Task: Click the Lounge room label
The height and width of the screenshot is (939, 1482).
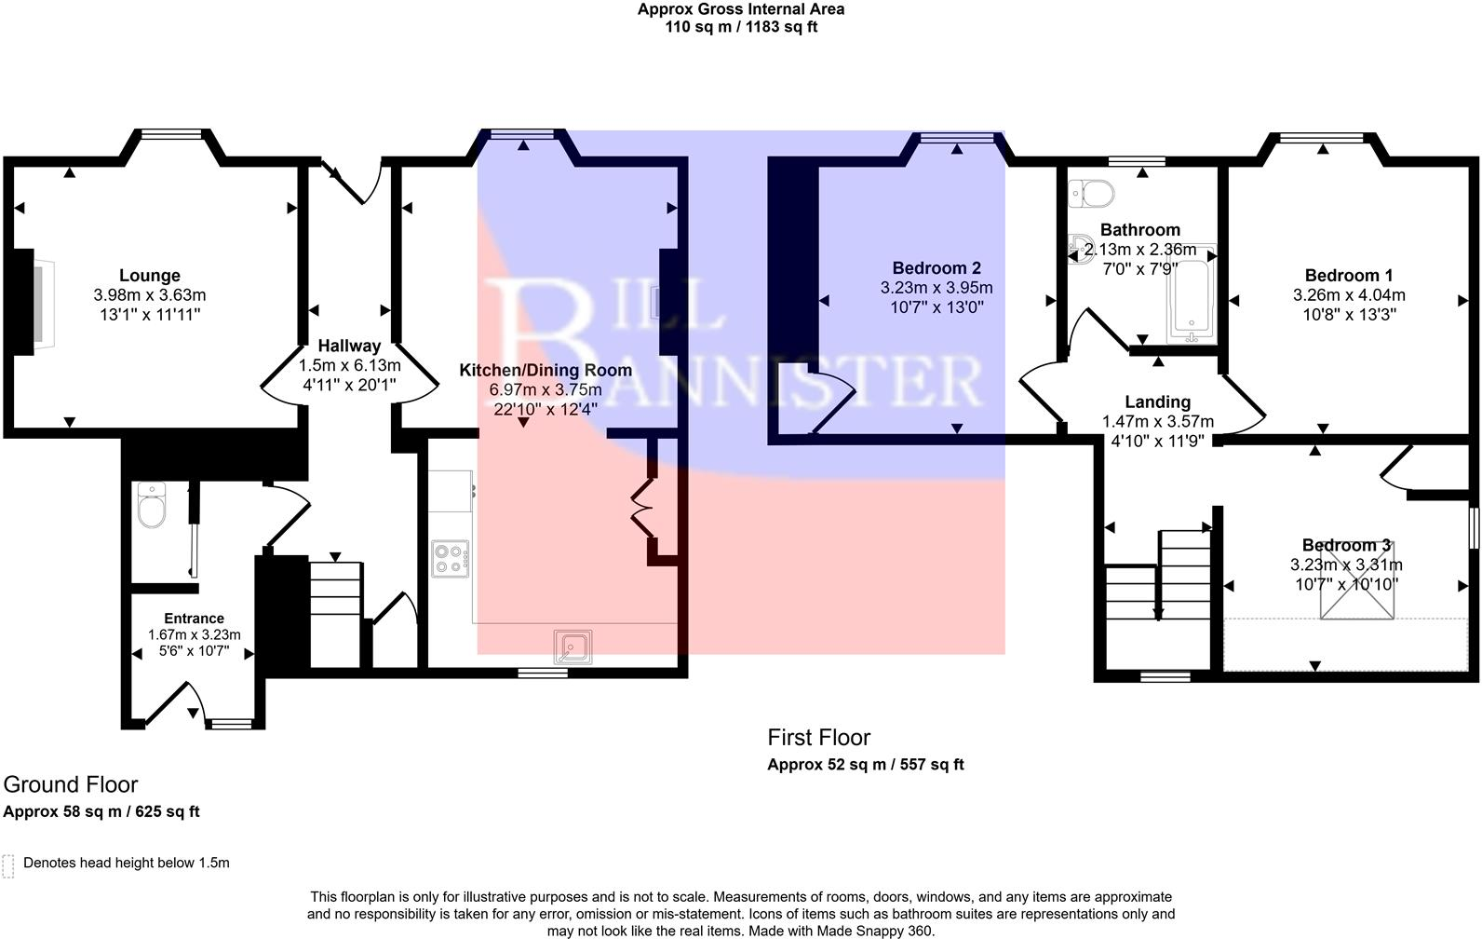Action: click(x=149, y=276)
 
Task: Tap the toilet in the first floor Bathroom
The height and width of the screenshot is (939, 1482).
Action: click(x=1092, y=194)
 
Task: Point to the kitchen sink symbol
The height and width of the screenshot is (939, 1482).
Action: click(x=572, y=646)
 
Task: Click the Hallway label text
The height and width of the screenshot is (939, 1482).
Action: click(x=349, y=346)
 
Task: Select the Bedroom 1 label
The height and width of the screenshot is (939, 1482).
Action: click(x=1348, y=276)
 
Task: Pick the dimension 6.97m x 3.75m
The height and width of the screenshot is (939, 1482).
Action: click(x=546, y=389)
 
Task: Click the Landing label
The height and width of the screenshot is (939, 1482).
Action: click(x=1157, y=401)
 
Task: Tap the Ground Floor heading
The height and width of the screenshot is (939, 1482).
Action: click(x=71, y=784)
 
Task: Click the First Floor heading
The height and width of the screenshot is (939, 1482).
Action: click(x=818, y=738)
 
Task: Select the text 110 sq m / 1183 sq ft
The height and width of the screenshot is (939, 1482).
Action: click(x=741, y=27)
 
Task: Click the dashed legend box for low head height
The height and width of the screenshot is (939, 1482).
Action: click(x=9, y=865)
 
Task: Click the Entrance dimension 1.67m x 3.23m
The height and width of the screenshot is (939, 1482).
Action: click(x=194, y=634)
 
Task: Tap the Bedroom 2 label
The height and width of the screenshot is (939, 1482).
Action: click(x=936, y=268)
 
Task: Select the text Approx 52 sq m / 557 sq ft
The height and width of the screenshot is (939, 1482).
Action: click(x=865, y=765)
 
